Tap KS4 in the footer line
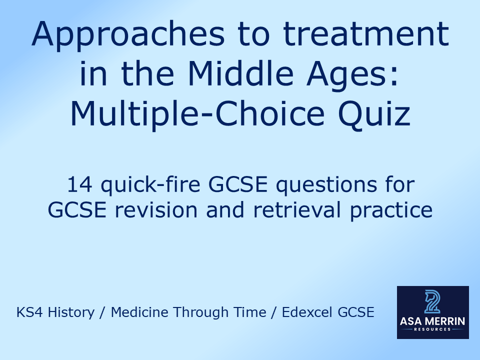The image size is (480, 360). (27, 313)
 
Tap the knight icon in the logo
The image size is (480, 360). (433, 302)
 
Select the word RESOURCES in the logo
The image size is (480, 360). (433, 330)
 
